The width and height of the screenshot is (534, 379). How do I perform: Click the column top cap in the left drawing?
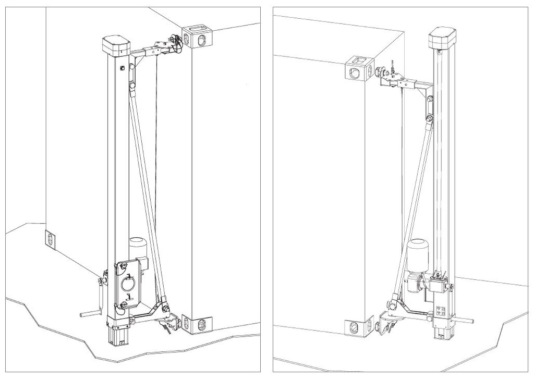click(116, 45)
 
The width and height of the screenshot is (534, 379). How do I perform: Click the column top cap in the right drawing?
click(442, 37)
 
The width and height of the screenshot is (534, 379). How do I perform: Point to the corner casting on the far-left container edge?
click(51, 240)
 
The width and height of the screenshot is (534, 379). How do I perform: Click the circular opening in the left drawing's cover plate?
click(128, 284)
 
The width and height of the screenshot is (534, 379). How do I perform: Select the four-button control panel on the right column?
click(440, 311)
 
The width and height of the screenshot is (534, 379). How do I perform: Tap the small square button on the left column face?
click(122, 68)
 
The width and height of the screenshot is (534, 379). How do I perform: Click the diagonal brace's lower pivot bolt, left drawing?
click(166, 309)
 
